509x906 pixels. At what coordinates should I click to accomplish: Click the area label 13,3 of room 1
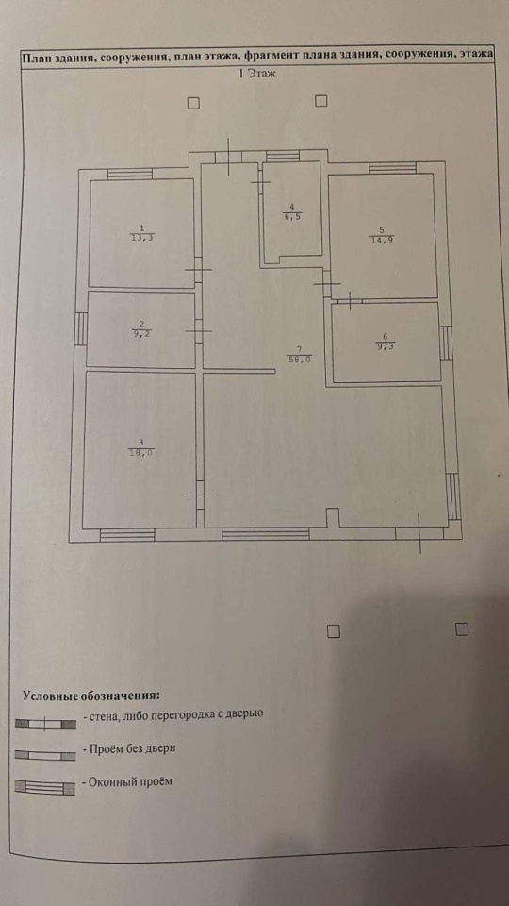pos(143,237)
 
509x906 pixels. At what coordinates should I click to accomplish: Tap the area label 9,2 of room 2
pos(142,333)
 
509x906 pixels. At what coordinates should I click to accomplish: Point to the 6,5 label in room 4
pos(292,217)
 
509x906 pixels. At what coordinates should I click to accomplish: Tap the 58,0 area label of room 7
pos(299,359)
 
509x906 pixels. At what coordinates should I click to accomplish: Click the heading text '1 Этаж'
pos(257,73)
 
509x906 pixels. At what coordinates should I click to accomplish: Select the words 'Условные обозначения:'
pos(91,696)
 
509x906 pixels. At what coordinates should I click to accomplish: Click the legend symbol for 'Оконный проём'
pos(45,787)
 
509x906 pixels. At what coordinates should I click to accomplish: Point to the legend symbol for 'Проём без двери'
pos(45,755)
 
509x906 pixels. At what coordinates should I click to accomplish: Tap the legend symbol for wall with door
pos(45,724)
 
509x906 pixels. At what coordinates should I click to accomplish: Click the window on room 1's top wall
pos(130,174)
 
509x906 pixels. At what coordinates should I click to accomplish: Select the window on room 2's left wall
pos(81,328)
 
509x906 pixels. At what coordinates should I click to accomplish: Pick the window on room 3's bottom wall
pos(127,535)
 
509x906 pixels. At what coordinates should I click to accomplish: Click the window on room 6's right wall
pos(446,344)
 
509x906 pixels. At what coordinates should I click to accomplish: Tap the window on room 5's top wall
pos(392,168)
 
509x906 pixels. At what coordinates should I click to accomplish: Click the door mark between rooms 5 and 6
pos(351,300)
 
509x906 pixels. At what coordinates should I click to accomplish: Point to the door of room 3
pos(200,495)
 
